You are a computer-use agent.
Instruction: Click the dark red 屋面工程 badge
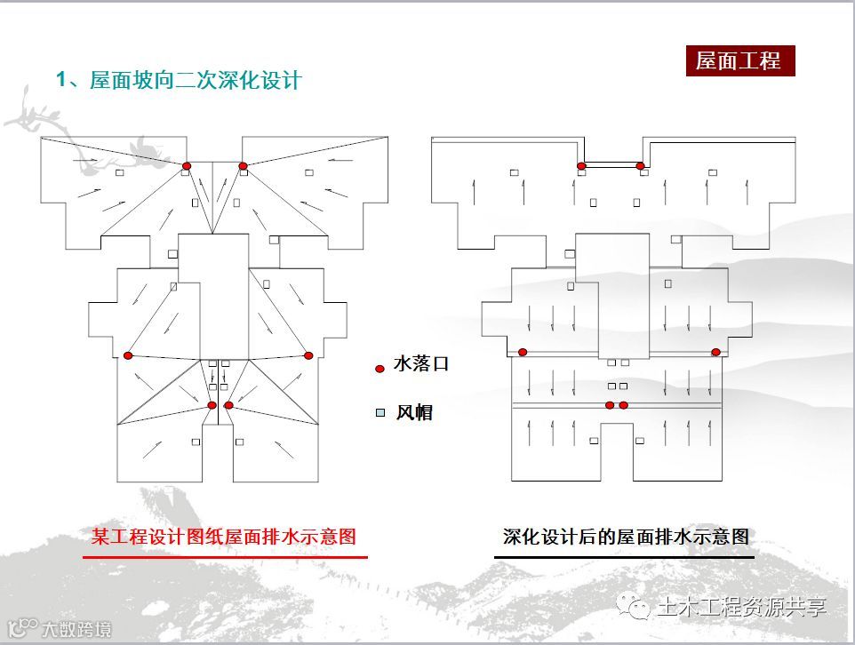739,60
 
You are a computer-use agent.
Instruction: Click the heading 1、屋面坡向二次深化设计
179,80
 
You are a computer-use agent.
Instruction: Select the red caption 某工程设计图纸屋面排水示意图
224,537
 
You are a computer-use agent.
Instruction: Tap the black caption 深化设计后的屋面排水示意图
625,537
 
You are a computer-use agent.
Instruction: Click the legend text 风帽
414,412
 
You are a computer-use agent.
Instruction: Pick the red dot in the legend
380,368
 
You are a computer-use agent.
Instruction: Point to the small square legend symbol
380,413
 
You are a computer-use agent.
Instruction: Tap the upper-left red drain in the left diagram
187,166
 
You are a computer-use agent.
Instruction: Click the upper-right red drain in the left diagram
243,166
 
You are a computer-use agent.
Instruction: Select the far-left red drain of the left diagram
128,355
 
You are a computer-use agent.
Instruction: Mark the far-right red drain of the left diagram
308,355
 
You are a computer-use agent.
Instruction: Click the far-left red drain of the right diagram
523,352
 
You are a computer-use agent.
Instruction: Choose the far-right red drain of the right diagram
715,352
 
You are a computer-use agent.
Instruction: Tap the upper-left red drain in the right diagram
581,166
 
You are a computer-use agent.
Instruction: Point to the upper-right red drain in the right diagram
640,166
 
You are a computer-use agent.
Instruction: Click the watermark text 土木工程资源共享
741,608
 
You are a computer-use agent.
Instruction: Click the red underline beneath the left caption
225,557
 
